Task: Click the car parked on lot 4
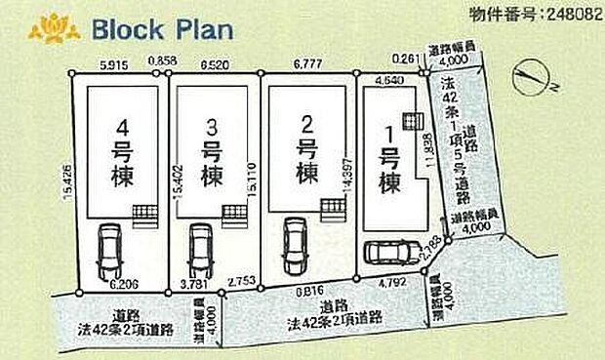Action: (109, 253)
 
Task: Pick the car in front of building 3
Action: (199, 251)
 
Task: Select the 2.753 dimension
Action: (241, 281)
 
